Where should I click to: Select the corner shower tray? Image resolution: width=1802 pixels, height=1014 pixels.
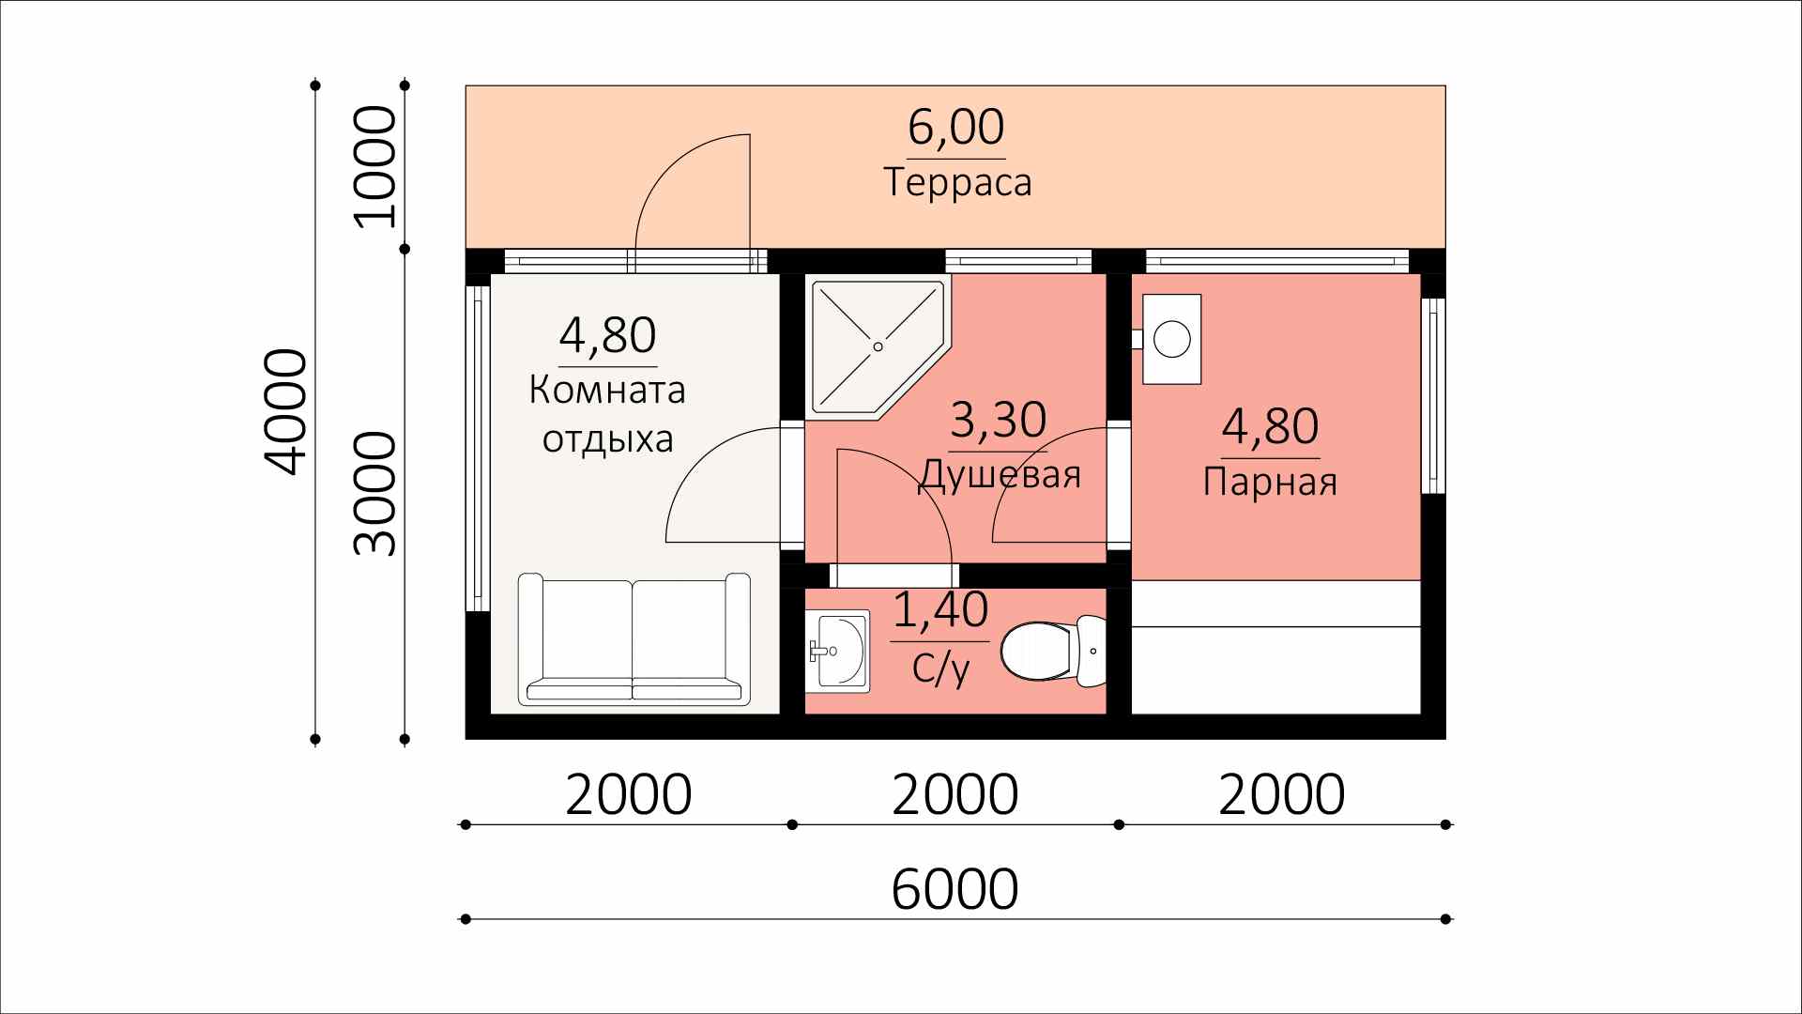pyautogui.click(x=878, y=346)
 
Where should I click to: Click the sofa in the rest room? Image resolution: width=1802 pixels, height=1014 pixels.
pyautogui.click(x=634, y=638)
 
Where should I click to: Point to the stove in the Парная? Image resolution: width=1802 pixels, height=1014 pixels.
pyautogui.click(x=1169, y=338)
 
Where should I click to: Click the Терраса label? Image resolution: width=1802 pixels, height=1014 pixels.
pyautogui.click(x=957, y=182)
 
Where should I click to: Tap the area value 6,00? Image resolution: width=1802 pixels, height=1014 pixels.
pyautogui.click(x=955, y=127)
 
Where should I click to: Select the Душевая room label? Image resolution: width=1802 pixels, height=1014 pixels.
pyautogui.click(x=1000, y=475)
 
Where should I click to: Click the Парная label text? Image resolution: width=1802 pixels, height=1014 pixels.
pyautogui.click(x=1270, y=482)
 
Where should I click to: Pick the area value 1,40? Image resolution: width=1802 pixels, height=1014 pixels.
pyautogui.click(x=939, y=609)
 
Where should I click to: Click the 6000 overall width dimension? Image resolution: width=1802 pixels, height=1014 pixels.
pyautogui.click(x=954, y=888)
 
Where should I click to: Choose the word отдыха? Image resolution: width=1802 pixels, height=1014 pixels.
pyautogui.click(x=608, y=439)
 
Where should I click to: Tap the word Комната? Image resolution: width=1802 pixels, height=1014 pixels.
pyautogui.click(x=607, y=390)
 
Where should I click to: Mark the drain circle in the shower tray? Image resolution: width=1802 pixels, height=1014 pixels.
pyautogui.click(x=878, y=346)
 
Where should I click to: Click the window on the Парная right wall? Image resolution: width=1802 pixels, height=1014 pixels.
pyautogui.click(x=1433, y=395)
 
